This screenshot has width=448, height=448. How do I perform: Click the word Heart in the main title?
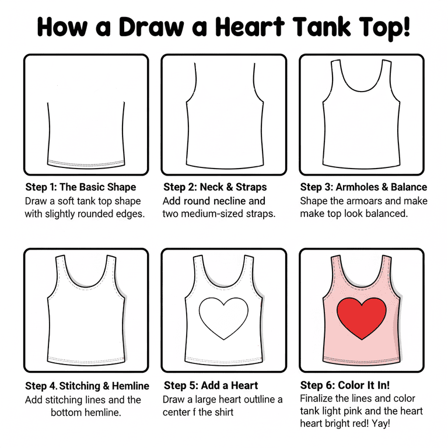click(250, 27)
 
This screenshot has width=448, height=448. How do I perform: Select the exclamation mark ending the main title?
click(406, 27)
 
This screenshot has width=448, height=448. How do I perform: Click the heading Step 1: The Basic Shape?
click(80, 187)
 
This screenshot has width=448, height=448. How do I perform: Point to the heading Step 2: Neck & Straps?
click(215, 187)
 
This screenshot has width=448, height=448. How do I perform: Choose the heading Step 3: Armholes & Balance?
click(363, 187)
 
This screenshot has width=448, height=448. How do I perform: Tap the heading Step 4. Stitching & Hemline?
click(87, 386)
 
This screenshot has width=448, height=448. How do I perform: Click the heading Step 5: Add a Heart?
click(211, 386)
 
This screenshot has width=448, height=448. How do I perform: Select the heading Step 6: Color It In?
click(345, 385)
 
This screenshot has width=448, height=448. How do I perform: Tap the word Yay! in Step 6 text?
click(381, 423)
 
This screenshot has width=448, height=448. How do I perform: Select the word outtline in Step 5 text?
click(256, 399)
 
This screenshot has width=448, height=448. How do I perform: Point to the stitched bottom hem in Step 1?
click(86, 164)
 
